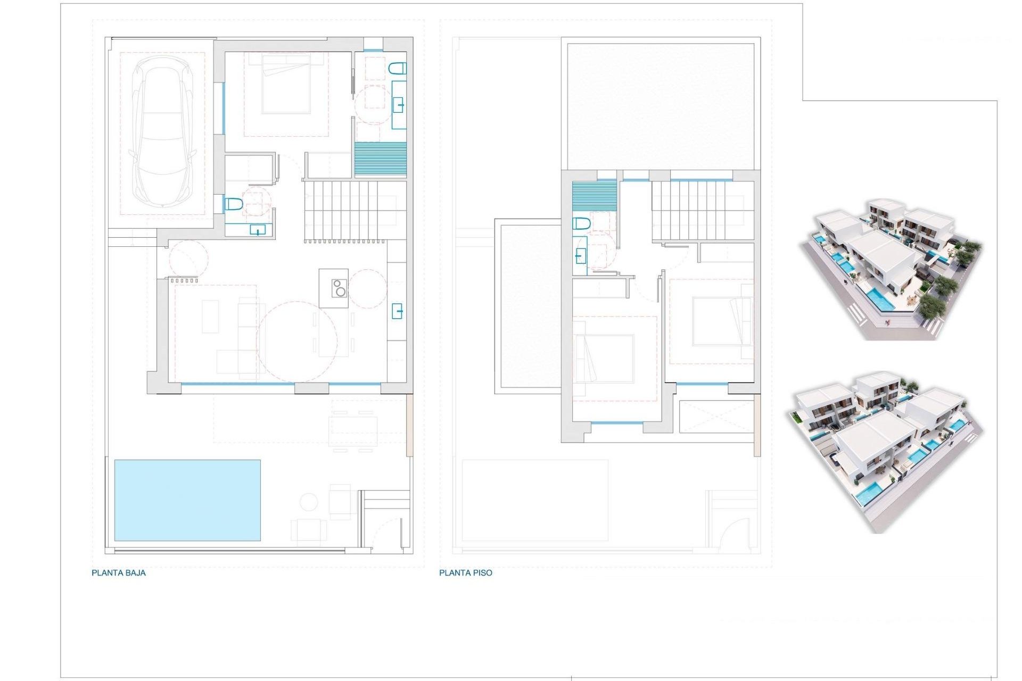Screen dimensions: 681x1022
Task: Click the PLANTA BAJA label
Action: pos(119,573)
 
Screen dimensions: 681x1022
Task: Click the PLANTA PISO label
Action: pos(466,573)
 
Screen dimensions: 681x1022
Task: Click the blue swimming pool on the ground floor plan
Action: pos(187,500)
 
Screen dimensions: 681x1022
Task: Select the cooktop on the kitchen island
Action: pos(339,288)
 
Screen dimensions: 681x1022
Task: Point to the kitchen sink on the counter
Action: pos(397,311)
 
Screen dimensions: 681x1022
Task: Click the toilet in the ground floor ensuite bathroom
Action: pos(398,68)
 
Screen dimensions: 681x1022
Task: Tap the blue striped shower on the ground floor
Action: pos(380,159)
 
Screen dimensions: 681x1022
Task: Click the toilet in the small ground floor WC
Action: pos(234,204)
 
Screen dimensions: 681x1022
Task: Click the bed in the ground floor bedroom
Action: pos(286,85)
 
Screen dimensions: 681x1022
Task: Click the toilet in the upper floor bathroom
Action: pos(581,223)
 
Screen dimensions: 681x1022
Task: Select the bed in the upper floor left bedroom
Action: pos(604,358)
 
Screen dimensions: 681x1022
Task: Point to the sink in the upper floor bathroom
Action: pos(580,257)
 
